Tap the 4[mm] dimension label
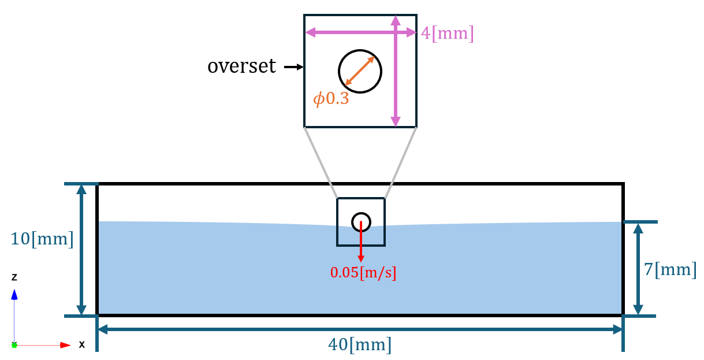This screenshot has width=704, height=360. click(x=447, y=33)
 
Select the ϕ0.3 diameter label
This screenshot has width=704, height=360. click(x=331, y=99)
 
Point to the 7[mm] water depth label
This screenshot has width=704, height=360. click(x=670, y=269)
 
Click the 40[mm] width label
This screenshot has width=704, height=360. click(x=360, y=345)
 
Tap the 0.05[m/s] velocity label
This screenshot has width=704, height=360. click(x=363, y=273)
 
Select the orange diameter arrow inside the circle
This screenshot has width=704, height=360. click(x=360, y=71)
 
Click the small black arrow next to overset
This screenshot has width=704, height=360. click(x=294, y=68)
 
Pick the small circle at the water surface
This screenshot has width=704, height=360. click(x=361, y=221)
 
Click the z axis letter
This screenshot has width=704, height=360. click(x=14, y=277)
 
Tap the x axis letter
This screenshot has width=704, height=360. click(x=82, y=345)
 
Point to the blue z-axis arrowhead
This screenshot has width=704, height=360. click(x=14, y=295)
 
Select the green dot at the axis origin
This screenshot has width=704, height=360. click(x=14, y=345)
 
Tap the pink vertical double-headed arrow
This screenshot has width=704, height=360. click(x=395, y=87)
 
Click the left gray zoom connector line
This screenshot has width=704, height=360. click(x=321, y=162)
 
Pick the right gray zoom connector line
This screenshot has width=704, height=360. click(x=400, y=162)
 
